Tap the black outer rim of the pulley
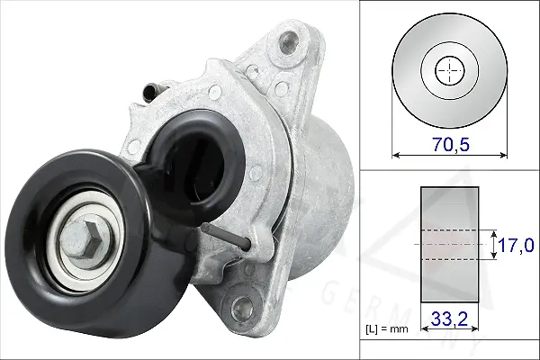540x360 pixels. tap(27, 207)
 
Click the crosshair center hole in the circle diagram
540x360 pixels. tap(447, 71)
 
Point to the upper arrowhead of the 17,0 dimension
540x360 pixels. tap(494, 230)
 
